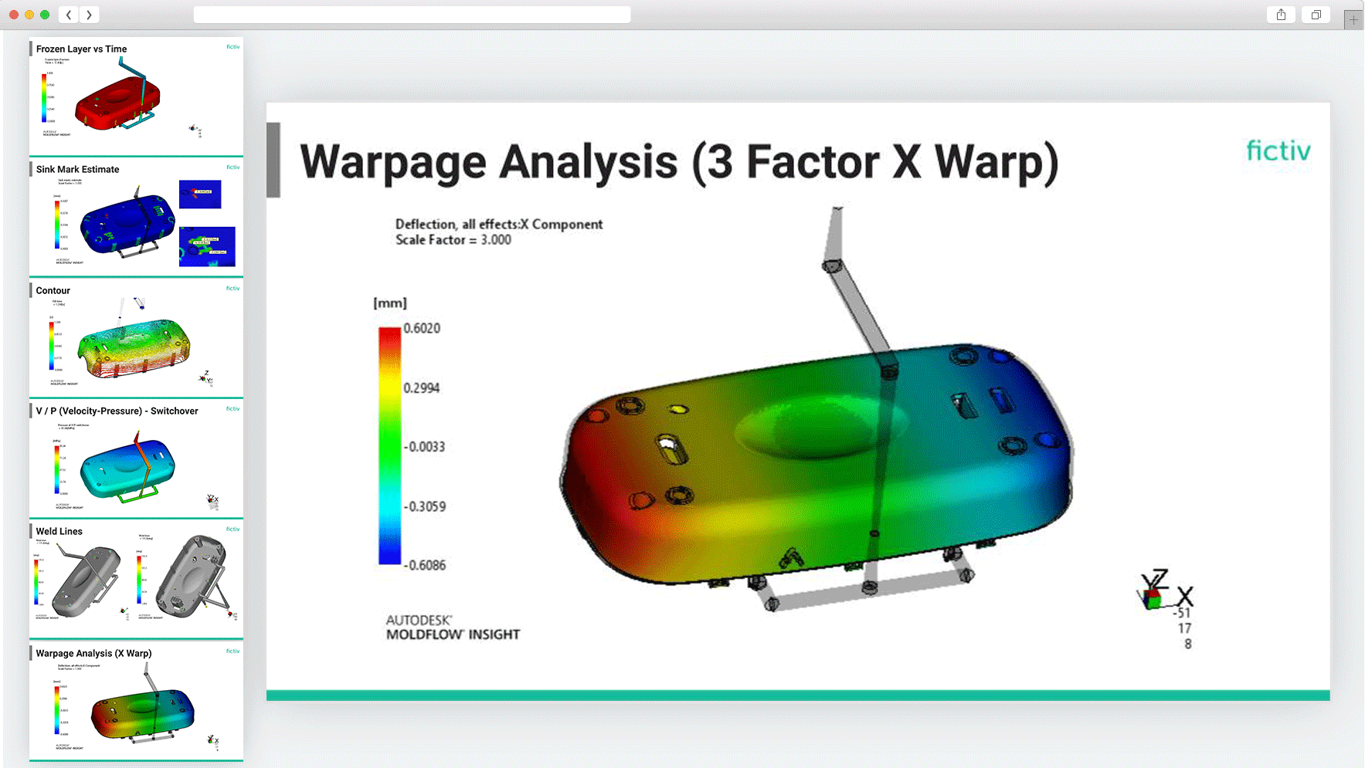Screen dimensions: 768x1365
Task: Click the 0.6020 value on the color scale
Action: coord(422,329)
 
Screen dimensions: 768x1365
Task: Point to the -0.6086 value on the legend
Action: coord(426,565)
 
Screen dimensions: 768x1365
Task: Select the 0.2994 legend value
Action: coord(422,388)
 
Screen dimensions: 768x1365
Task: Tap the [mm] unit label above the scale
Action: coord(390,303)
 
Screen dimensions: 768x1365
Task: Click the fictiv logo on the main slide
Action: coord(1278,151)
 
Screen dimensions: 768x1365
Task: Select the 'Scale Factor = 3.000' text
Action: coord(453,240)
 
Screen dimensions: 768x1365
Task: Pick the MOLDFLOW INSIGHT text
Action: coord(453,634)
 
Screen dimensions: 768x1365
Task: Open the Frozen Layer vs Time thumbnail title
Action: coord(81,49)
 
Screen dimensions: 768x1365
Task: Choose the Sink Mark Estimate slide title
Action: coord(77,169)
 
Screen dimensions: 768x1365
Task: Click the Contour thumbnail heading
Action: coord(53,290)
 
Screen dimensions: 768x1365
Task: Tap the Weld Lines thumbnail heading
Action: coord(59,531)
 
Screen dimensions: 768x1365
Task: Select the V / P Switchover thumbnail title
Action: coord(117,411)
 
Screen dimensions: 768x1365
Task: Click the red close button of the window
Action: coord(14,15)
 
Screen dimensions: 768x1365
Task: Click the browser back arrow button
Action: coord(69,15)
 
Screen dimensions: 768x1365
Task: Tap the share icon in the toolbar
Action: coord(1281,15)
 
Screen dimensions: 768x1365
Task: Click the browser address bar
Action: coord(412,15)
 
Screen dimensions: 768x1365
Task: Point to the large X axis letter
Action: coord(1185,597)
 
